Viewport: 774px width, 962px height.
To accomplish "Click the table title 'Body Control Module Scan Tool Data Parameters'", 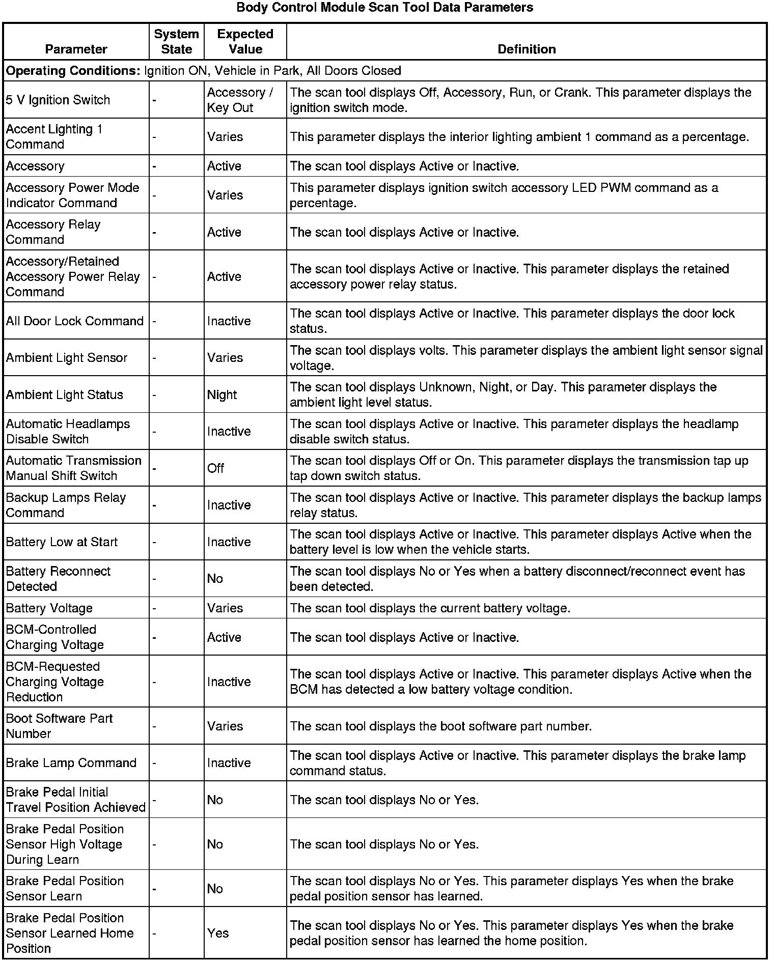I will pyautogui.click(x=384, y=8).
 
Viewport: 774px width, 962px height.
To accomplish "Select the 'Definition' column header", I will pyautogui.click(x=527, y=49).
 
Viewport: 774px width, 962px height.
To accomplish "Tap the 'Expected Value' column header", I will pyautogui.click(x=245, y=42).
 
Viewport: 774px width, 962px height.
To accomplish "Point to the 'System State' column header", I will pyautogui.click(x=176, y=42).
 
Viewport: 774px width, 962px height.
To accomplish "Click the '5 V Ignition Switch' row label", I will pyautogui.click(x=58, y=100).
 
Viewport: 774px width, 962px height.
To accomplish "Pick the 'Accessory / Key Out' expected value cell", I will pyautogui.click(x=240, y=100).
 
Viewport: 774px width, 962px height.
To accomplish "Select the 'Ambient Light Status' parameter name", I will pyautogui.click(x=65, y=395).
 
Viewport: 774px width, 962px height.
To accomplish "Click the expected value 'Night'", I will pyautogui.click(x=222, y=395).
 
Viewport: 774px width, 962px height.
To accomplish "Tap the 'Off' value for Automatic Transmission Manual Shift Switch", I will pyautogui.click(x=215, y=468).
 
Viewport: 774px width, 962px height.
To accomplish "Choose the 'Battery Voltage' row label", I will pyautogui.click(x=49, y=608).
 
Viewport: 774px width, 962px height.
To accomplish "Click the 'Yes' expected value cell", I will pyautogui.click(x=218, y=933).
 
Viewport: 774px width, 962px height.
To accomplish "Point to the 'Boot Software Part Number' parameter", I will pyautogui.click(x=60, y=726).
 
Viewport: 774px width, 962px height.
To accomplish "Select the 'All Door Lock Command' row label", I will pyautogui.click(x=75, y=321).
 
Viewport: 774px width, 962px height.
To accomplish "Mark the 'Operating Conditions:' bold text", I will pyautogui.click(x=73, y=71).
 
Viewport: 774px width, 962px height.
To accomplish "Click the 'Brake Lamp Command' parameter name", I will pyautogui.click(x=71, y=763).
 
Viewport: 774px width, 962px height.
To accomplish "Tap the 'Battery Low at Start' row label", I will pyautogui.click(x=62, y=542).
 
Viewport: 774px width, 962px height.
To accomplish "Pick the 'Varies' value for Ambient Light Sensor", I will pyautogui.click(x=225, y=358).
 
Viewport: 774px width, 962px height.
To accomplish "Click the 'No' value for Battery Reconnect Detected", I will pyautogui.click(x=215, y=579).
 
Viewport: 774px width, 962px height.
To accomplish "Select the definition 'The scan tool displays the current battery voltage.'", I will pyautogui.click(x=430, y=608).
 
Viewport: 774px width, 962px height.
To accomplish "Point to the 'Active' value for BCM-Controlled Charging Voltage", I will pyautogui.click(x=224, y=637).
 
